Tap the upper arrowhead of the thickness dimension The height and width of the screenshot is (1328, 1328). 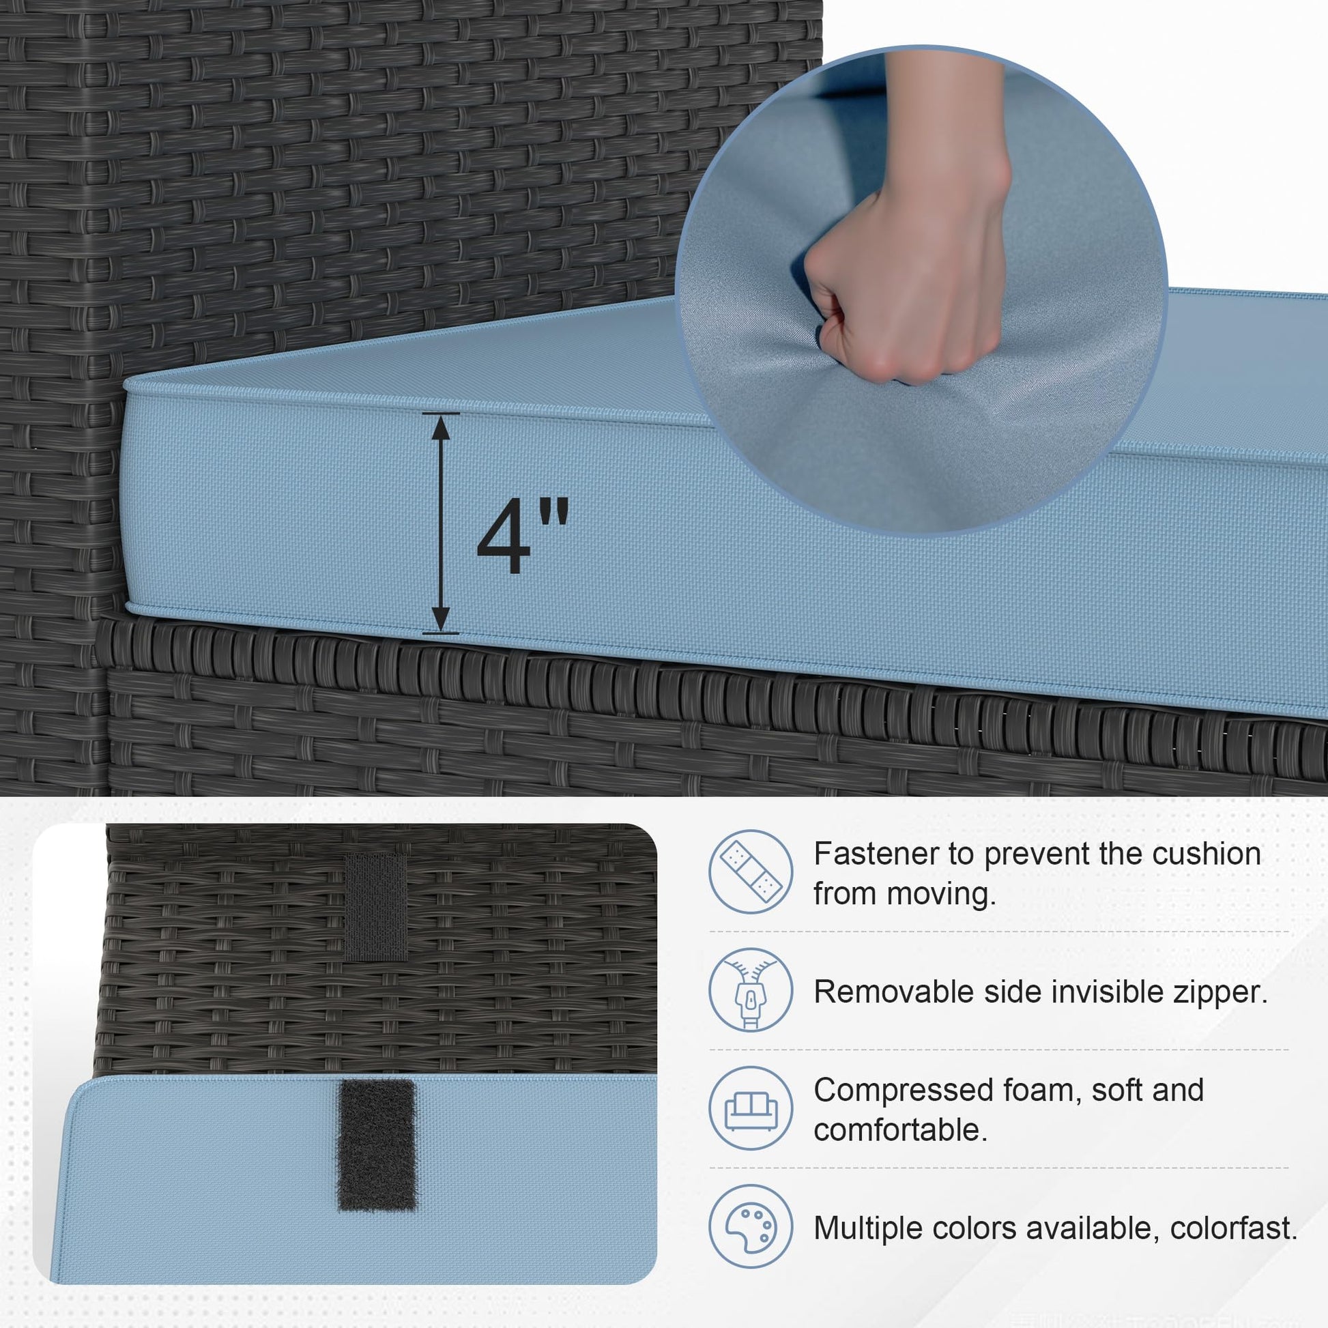441,428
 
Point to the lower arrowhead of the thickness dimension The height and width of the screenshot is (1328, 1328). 441,619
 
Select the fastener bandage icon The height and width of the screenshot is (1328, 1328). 751,871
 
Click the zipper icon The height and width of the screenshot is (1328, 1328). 751,990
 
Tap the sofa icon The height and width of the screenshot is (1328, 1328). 751,1108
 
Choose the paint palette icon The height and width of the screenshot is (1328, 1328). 751,1226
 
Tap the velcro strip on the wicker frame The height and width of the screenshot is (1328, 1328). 375,907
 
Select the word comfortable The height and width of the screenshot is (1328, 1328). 900,1130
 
